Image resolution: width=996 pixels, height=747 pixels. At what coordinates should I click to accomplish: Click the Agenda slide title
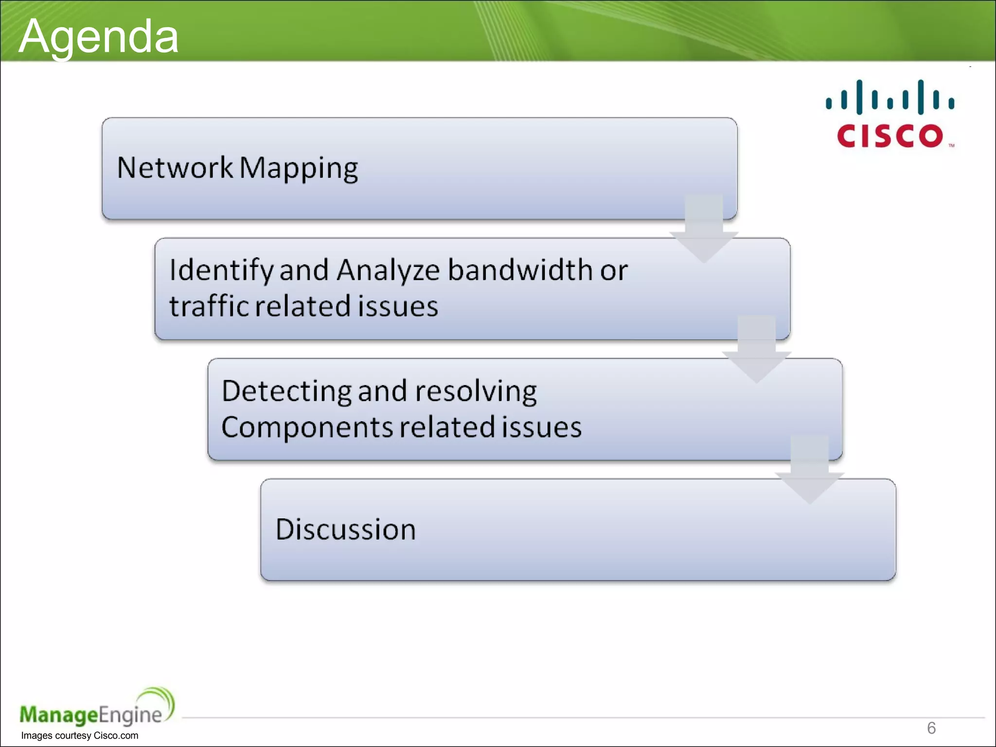click(x=99, y=36)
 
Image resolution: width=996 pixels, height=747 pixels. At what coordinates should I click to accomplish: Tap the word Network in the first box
click(x=175, y=168)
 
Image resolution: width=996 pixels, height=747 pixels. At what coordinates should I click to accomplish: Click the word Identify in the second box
click(x=221, y=270)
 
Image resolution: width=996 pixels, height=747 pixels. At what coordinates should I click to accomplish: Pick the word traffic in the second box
click(x=209, y=306)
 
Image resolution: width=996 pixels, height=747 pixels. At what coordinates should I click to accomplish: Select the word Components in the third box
click(x=307, y=427)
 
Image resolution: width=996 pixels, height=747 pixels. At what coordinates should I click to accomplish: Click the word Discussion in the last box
click(x=345, y=529)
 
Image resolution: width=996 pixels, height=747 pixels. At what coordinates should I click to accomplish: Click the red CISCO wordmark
click(x=890, y=136)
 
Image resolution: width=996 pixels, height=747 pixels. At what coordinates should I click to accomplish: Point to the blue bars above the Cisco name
click(x=890, y=97)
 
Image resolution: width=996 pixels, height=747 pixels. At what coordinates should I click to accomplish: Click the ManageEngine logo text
click(x=90, y=715)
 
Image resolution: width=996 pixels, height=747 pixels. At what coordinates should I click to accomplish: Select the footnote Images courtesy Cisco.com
click(x=79, y=736)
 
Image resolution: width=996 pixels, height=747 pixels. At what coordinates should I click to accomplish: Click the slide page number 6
click(x=931, y=728)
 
